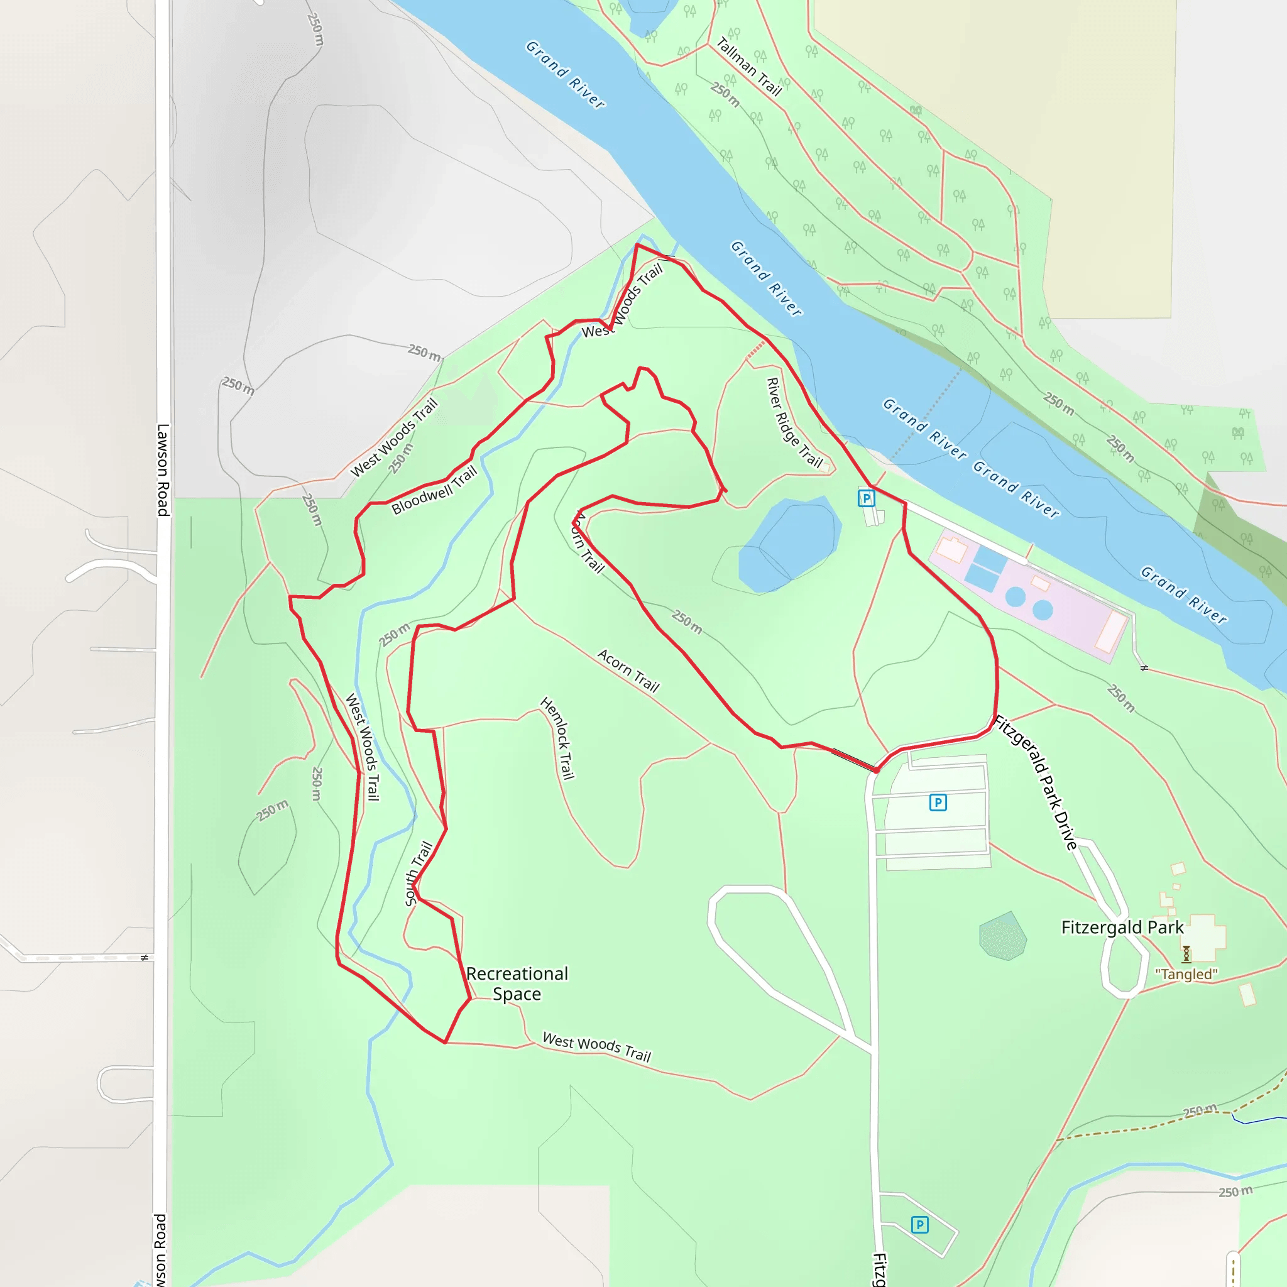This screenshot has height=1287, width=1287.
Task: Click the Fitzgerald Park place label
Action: click(x=1122, y=928)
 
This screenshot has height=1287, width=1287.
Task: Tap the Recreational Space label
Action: click(x=517, y=983)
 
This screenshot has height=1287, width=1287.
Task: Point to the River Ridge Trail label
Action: click(x=794, y=423)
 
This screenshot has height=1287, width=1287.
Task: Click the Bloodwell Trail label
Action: click(x=434, y=490)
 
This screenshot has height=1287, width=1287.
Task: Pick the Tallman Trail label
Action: click(x=748, y=67)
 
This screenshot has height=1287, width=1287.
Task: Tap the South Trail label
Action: click(x=419, y=873)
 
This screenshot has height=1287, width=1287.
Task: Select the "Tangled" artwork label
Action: click(x=1186, y=974)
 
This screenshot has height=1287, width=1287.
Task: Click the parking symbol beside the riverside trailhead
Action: click(x=866, y=498)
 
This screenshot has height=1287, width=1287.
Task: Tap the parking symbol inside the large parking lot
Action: click(x=938, y=802)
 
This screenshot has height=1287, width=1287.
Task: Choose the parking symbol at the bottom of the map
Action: click(x=919, y=1224)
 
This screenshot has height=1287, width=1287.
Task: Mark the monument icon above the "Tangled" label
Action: click(x=1186, y=954)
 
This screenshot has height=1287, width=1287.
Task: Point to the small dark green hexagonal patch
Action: click(x=1002, y=936)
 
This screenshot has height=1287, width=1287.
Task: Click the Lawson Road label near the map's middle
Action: click(x=163, y=469)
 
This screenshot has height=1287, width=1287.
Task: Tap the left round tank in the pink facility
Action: click(x=1016, y=596)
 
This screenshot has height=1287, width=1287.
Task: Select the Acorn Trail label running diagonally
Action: click(x=628, y=671)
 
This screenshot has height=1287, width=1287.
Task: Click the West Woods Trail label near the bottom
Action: click(x=597, y=1046)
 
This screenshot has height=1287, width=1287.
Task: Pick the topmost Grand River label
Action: click(x=566, y=74)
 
